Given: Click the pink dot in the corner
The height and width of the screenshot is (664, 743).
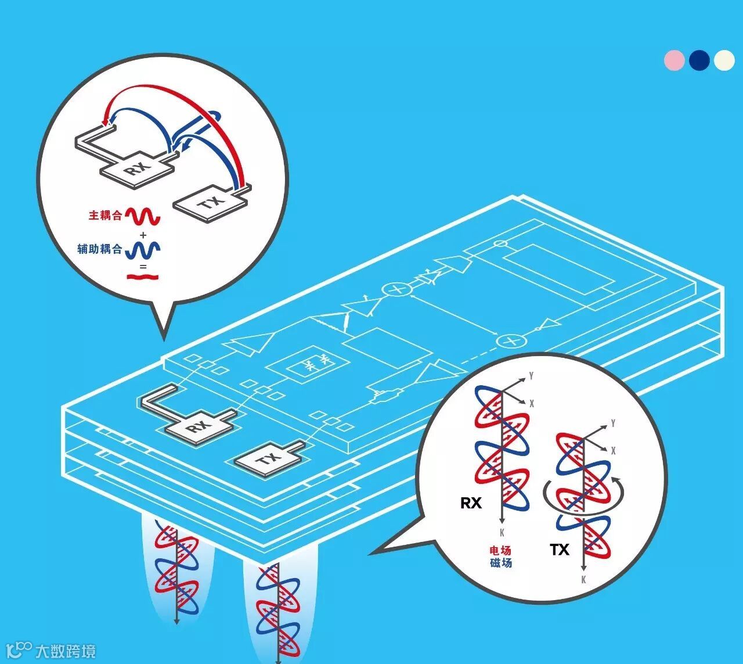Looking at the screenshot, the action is click(675, 60).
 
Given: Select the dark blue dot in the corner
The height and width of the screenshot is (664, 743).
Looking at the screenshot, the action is click(699, 60).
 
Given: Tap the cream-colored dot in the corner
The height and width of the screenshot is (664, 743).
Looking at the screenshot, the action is click(724, 60).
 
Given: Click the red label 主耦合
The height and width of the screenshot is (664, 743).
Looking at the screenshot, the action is click(105, 216).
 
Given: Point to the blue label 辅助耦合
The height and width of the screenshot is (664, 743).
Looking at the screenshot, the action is click(100, 249).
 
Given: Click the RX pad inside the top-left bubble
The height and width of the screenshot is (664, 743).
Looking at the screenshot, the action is click(138, 169).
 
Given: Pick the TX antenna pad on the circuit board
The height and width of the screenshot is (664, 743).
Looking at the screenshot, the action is click(268, 459).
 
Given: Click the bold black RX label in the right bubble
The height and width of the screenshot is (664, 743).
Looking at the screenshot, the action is click(471, 503).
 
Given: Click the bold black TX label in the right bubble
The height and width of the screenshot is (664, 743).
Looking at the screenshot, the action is click(560, 550).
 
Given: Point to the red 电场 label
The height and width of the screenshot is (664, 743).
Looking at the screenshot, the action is click(501, 550).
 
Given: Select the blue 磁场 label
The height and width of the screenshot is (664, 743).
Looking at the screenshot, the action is click(501, 562).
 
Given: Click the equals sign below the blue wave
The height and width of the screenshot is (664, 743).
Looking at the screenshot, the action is click(143, 268).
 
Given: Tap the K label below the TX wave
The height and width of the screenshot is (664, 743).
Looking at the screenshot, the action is click(583, 580).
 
